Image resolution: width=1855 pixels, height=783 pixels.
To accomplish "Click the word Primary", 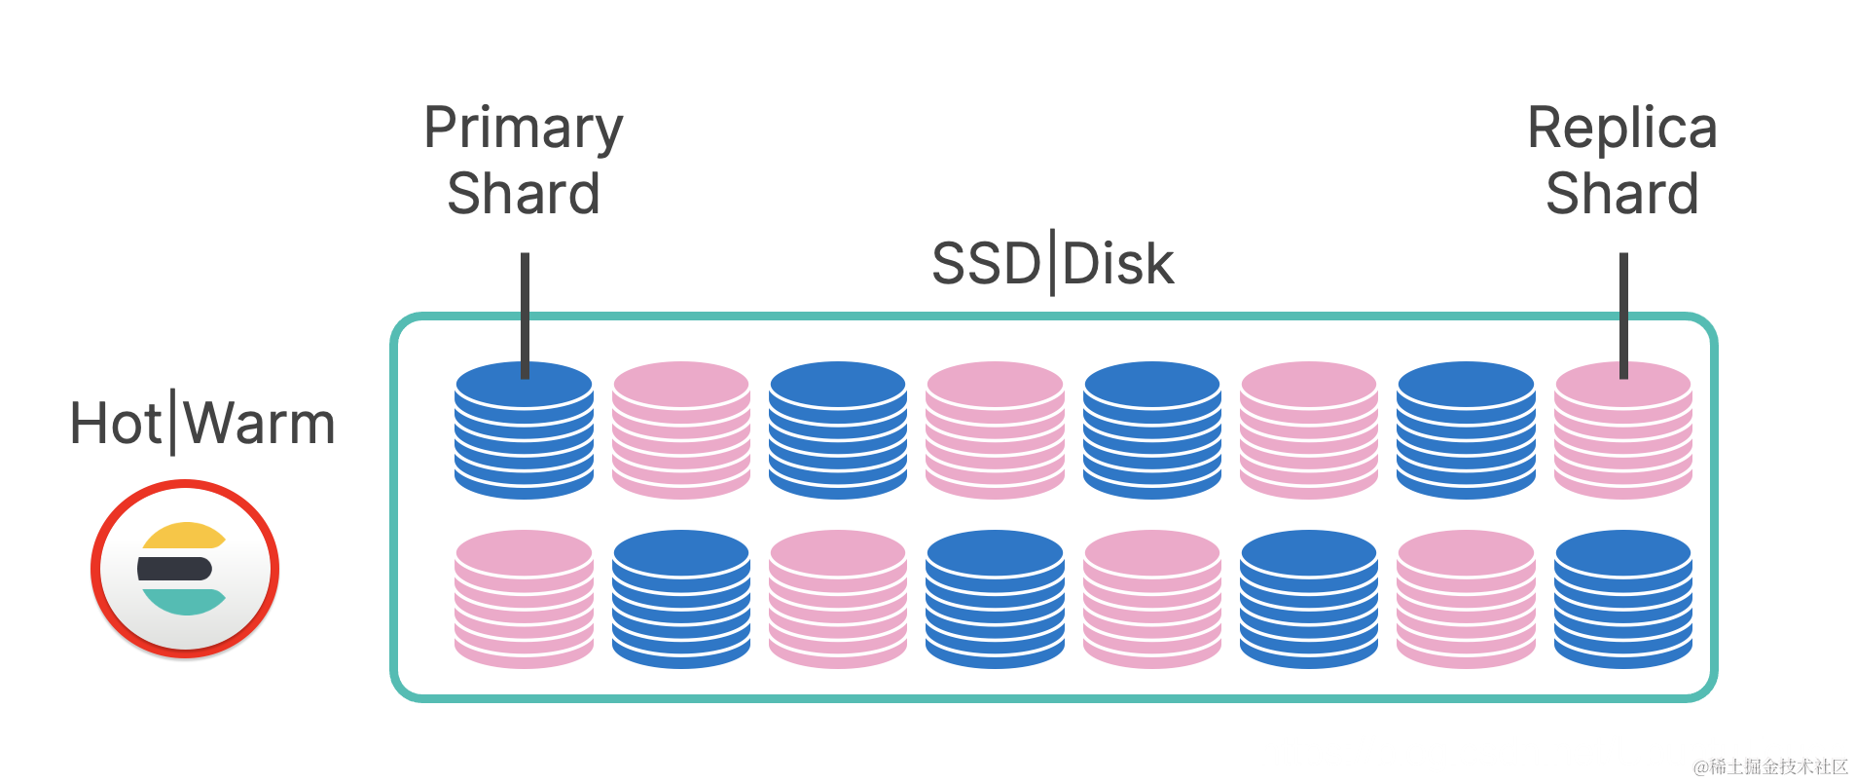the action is coord(524,129).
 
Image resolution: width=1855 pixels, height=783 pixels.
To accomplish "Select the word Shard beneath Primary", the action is coord(524,193).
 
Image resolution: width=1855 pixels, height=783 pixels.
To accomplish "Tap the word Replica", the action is coord(1622,128).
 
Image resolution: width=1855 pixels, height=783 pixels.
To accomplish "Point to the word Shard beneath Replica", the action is coord(1622,193).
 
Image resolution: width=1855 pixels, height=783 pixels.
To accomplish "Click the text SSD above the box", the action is coord(986,264).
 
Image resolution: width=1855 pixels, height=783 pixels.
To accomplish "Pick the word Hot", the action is coord(116,425).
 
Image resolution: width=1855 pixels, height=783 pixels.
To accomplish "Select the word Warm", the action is coord(260,425).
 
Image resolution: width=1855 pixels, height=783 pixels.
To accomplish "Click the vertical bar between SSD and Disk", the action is coord(1052,262).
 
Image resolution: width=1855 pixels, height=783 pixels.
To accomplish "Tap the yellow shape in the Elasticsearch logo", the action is coord(183,537).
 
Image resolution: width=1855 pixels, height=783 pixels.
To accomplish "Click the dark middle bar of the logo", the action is coord(175,569).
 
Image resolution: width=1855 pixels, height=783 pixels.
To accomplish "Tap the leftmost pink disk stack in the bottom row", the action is coord(524,599).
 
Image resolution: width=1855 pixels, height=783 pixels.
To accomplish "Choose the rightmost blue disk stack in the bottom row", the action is coord(1622,599).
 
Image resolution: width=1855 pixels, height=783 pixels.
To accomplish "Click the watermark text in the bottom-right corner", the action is coord(1770,767).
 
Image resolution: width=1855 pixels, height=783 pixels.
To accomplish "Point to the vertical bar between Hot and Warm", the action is coord(173,422).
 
